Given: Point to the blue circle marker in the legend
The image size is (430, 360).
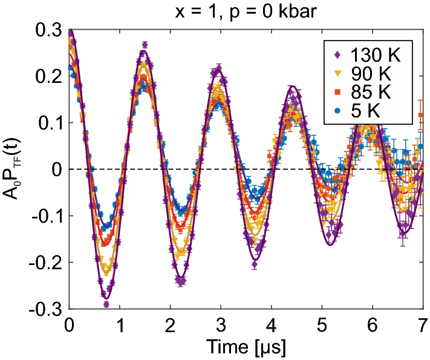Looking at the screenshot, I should coord(337,112).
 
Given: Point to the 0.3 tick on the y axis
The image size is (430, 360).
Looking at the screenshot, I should coord(51,29).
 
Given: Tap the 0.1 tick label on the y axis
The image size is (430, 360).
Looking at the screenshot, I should coord(51,122).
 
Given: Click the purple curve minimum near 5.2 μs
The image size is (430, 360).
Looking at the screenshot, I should coord(330,244).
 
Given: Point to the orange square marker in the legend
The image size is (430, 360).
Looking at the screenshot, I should coord(337,93).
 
